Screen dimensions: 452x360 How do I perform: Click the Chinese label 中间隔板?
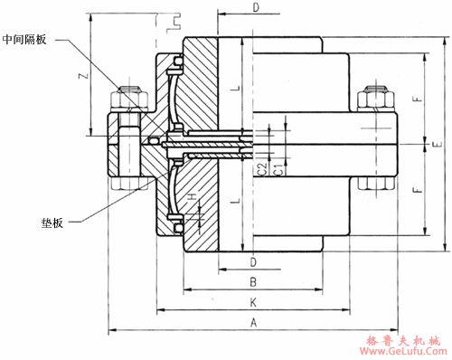click(x=24, y=40)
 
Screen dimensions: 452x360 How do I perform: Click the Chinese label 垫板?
click(x=52, y=223)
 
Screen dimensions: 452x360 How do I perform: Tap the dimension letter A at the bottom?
click(x=254, y=323)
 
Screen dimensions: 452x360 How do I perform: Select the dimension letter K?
click(x=253, y=302)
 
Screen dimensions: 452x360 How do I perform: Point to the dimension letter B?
click(x=253, y=282)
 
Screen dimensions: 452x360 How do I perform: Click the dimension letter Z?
click(x=84, y=75)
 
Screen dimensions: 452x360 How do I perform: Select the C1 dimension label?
click(x=279, y=169)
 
